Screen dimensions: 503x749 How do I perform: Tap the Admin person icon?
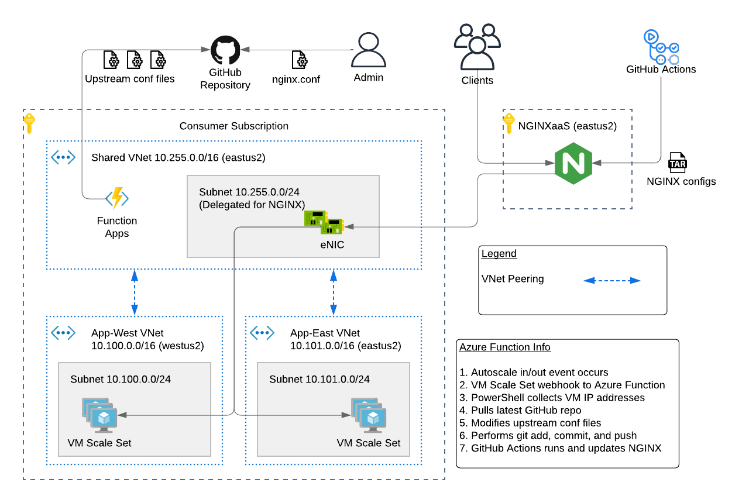coord(368,50)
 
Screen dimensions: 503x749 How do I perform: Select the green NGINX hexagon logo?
coord(573,163)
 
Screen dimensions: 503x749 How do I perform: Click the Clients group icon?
coord(477,47)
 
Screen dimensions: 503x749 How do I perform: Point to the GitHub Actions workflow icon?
coord(661,47)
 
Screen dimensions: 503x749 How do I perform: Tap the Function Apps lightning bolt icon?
coord(117,198)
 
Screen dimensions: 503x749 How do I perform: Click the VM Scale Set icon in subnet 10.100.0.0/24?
coord(99,415)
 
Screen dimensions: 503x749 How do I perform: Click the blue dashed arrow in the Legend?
coord(611,281)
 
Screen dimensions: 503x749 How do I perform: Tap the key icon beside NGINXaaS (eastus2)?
coord(509,123)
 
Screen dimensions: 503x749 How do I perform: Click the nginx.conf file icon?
coord(300,60)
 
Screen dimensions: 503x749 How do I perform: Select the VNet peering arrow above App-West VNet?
coord(135,292)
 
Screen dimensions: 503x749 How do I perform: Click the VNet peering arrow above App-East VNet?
coord(334,292)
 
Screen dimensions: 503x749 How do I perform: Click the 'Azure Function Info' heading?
coord(504,347)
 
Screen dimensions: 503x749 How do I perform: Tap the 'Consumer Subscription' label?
coord(233,126)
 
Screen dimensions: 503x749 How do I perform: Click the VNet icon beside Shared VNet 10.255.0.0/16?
coord(63,157)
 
